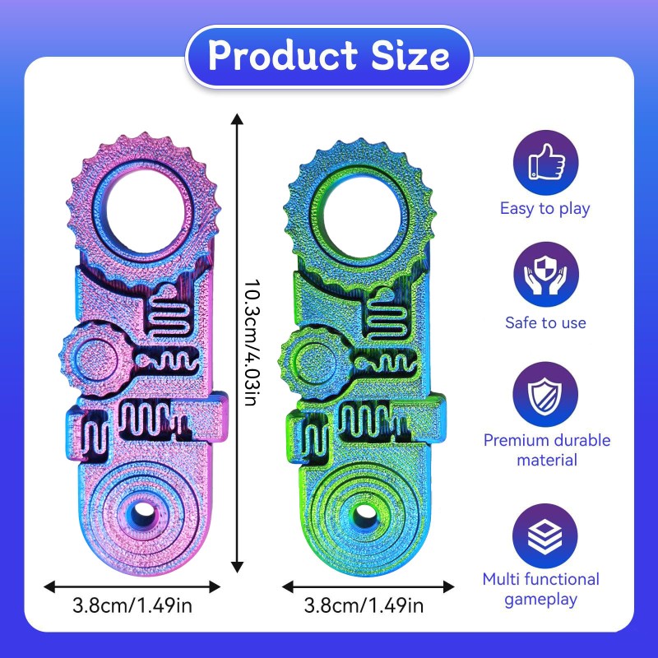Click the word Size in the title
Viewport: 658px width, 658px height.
410,56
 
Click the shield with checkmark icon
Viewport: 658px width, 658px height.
546,392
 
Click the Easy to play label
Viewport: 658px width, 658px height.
545,208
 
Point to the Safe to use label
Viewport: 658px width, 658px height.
545,322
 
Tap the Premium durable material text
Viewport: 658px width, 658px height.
546,450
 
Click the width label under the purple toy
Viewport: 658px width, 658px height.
132,607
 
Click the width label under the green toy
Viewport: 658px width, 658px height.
364,607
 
